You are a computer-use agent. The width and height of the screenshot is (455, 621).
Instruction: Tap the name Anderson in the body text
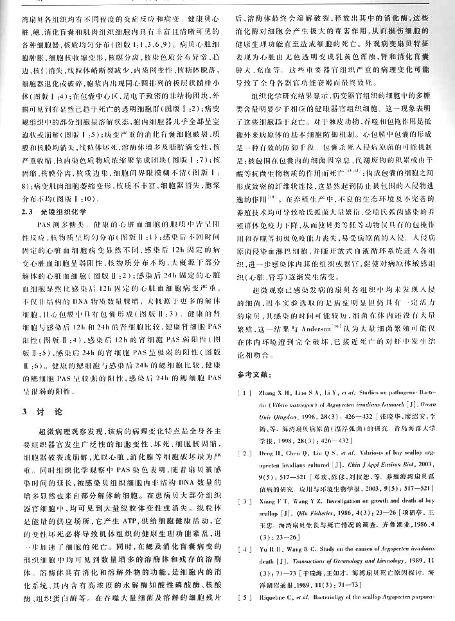316,329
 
